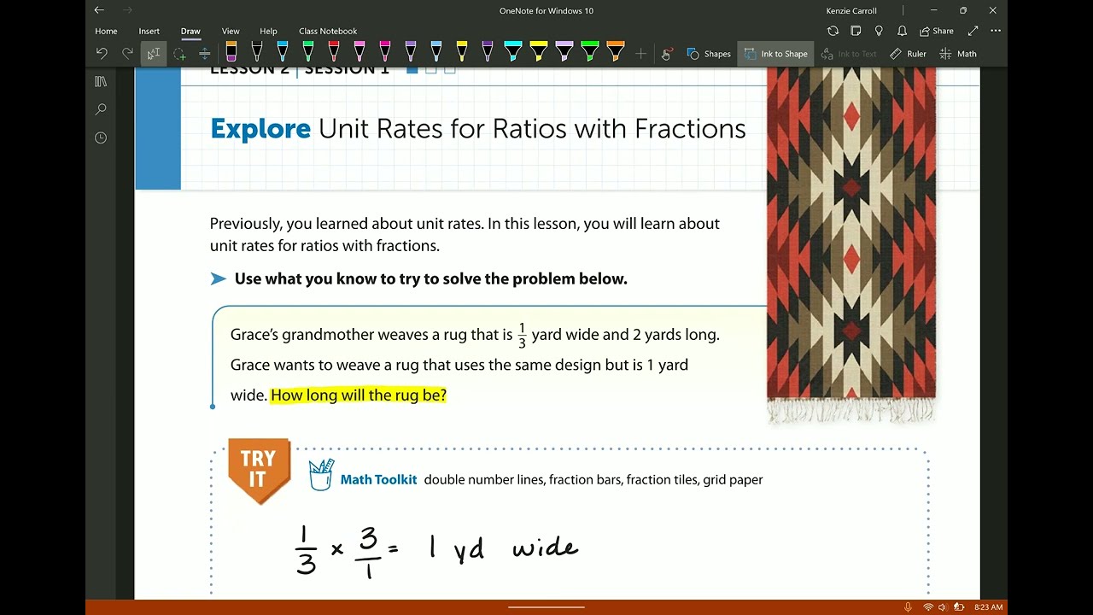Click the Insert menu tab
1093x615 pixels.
pyautogui.click(x=149, y=31)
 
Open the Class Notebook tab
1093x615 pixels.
pyautogui.click(x=328, y=31)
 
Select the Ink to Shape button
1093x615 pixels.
pyautogui.click(x=775, y=54)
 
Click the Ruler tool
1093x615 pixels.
pyautogui.click(x=908, y=54)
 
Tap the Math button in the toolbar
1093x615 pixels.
pyautogui.click(x=958, y=54)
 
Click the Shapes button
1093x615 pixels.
pyautogui.click(x=709, y=54)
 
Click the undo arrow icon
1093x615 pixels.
pyautogui.click(x=102, y=54)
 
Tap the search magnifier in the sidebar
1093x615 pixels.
pyautogui.click(x=101, y=109)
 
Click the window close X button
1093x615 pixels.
pyautogui.click(x=992, y=10)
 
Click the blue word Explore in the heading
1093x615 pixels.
pyautogui.click(x=260, y=129)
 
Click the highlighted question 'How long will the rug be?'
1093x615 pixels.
pyautogui.click(x=359, y=395)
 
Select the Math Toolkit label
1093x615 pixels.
pyautogui.click(x=378, y=480)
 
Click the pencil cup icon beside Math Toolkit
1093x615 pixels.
pyautogui.click(x=321, y=474)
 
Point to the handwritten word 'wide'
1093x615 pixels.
pyautogui.click(x=545, y=548)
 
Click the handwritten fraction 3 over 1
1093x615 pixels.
pyautogui.click(x=368, y=552)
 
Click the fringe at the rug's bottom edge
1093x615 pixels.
pyautogui.click(x=851, y=412)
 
